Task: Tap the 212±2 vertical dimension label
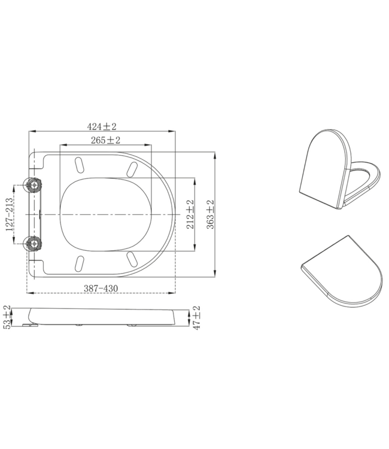[190, 214]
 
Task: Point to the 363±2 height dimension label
[209, 214]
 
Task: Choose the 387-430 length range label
[100, 289]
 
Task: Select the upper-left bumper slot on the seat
[80, 164]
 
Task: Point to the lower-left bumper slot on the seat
[80, 263]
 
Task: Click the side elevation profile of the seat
[102, 316]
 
